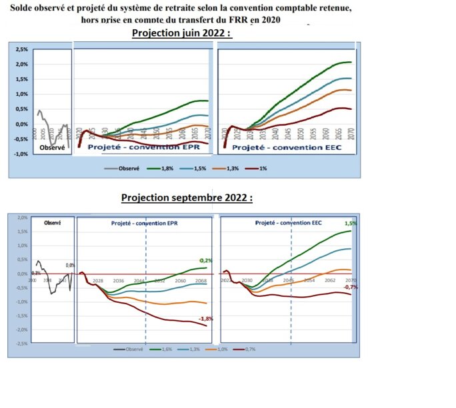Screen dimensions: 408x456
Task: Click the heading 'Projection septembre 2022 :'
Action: coord(187,198)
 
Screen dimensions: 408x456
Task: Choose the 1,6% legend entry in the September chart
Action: coord(160,349)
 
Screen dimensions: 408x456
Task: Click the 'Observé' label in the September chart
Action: coord(52,223)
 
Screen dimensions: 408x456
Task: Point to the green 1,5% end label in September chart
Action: coord(350,224)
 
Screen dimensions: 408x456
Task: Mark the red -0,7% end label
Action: coord(349,287)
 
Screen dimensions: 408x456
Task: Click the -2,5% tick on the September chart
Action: coord(21,343)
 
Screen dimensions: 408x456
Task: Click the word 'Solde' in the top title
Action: coord(25,8)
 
